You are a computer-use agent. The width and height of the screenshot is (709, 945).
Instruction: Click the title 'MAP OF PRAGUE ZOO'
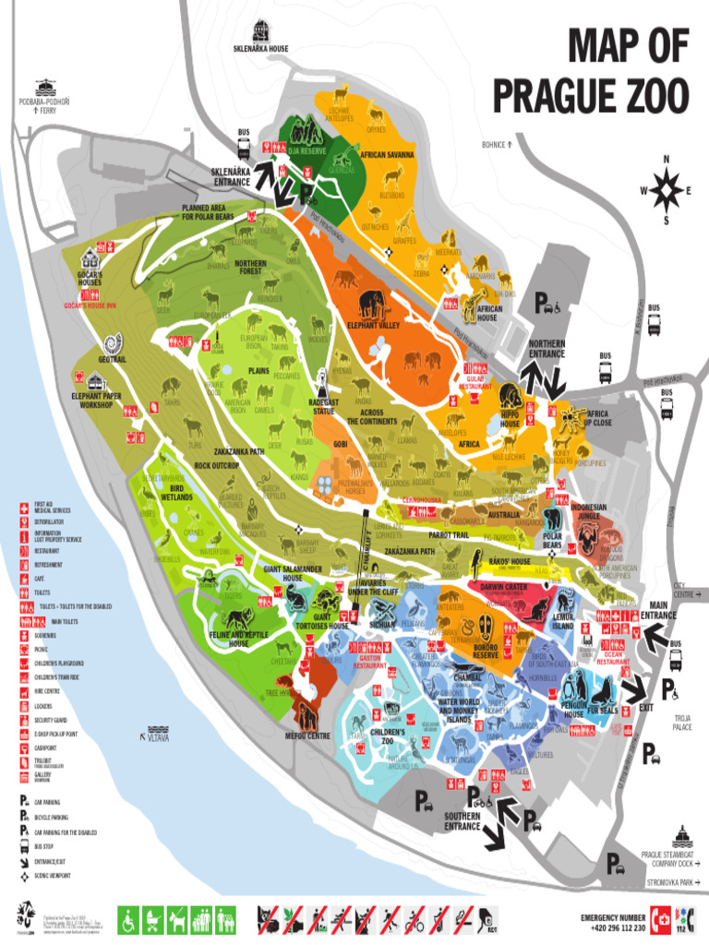591,69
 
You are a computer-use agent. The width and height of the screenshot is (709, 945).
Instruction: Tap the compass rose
665,190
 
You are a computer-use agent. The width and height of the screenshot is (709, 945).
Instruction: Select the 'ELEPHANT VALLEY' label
373,326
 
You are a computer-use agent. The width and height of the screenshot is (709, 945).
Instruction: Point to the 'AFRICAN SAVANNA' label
387,155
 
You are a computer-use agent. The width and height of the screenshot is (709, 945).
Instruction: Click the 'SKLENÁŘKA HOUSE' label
260,49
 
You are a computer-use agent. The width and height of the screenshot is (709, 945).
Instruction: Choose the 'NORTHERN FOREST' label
250,267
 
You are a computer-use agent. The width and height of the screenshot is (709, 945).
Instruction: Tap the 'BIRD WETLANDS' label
176,492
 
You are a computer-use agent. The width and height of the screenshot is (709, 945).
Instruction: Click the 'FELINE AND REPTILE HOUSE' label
238,640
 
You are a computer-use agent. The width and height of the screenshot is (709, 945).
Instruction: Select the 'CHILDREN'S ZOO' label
388,736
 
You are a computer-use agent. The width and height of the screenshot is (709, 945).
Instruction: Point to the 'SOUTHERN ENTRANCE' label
462,821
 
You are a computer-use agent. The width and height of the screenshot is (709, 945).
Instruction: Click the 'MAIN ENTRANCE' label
658,610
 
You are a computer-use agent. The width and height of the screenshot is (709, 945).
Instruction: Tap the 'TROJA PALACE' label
682,722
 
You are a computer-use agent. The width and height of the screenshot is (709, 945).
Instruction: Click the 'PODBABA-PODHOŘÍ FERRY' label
38,104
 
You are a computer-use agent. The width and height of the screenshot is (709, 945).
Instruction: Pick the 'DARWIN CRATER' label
503,586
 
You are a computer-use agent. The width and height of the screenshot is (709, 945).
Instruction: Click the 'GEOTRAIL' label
113,359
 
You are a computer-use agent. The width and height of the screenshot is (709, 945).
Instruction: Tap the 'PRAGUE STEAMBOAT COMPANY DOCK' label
671,859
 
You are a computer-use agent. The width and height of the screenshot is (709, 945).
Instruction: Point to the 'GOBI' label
340,444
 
